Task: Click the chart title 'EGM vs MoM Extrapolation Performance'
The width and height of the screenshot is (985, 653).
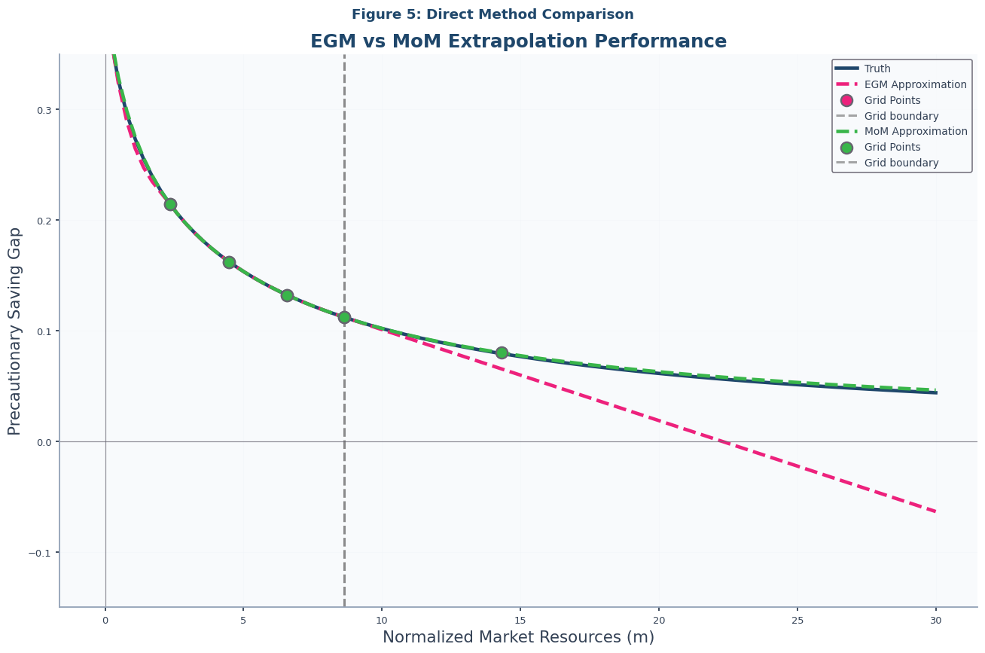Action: (x=518, y=41)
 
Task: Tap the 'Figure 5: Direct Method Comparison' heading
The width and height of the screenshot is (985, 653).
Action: (x=492, y=14)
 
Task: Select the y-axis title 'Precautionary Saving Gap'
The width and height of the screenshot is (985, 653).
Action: (x=15, y=331)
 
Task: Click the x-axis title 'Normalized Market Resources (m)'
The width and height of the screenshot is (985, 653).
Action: (x=518, y=637)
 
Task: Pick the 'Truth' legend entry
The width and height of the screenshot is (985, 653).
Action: (x=877, y=69)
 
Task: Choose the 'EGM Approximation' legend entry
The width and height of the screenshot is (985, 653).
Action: (x=915, y=84)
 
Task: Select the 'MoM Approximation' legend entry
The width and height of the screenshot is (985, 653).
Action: (x=916, y=131)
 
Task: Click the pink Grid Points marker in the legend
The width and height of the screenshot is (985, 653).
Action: (x=847, y=100)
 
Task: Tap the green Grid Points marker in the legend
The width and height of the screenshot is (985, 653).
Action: (x=847, y=147)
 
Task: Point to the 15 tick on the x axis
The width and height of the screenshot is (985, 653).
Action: (x=520, y=621)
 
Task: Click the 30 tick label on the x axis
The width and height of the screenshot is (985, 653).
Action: (x=936, y=621)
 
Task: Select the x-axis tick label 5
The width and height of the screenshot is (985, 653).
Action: (x=243, y=621)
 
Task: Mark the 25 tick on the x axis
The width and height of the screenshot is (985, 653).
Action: (x=797, y=621)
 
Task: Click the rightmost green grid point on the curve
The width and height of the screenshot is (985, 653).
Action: (x=502, y=352)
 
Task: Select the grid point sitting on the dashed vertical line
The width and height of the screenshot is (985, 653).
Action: (x=344, y=317)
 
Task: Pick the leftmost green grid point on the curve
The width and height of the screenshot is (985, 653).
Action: (x=170, y=204)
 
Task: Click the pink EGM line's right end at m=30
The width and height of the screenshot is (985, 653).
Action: (x=935, y=511)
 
